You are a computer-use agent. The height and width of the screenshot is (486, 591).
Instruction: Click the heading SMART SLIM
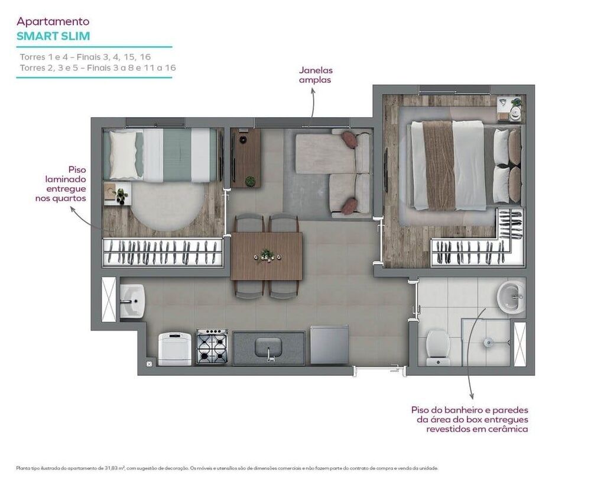click(53, 36)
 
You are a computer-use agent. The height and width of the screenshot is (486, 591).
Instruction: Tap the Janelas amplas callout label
click(314, 75)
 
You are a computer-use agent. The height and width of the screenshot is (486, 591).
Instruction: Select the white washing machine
click(175, 348)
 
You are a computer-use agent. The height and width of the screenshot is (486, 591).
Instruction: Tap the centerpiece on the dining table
click(267, 255)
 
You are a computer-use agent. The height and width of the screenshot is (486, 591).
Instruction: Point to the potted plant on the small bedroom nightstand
click(121, 194)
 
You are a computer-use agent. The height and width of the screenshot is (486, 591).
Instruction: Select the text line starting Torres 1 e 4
click(86, 57)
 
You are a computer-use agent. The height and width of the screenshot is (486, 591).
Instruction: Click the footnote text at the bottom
click(228, 468)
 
